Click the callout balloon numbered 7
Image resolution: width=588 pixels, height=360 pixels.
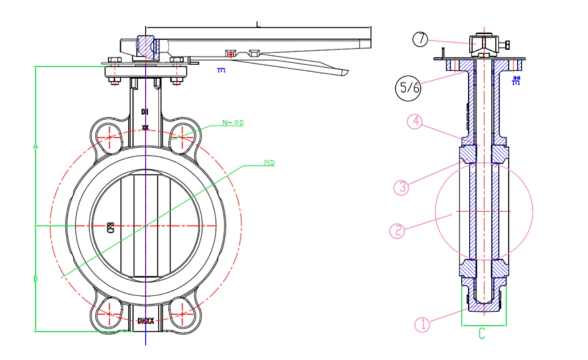click(421, 39)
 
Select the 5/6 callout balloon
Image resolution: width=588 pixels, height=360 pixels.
click(408, 89)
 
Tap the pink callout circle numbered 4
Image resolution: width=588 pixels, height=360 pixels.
click(414, 122)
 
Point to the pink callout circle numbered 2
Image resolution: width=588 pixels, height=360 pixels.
click(396, 230)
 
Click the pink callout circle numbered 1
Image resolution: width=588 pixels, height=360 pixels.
click(422, 324)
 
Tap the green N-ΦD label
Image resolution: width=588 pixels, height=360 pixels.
click(232, 123)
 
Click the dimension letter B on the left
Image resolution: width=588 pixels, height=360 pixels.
click(35, 279)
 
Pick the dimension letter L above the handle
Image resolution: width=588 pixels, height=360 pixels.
click(259, 25)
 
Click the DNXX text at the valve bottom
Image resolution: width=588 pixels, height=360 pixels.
click(146, 321)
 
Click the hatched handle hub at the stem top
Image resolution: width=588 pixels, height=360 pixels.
click(146, 47)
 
